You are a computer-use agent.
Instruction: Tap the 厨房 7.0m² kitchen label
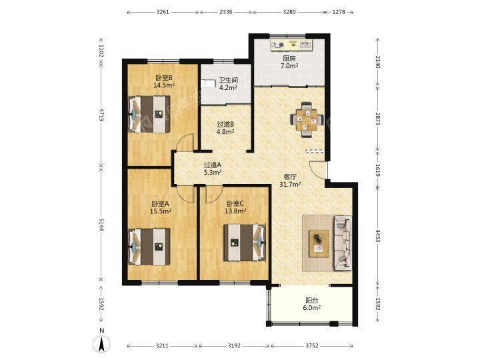[289, 62]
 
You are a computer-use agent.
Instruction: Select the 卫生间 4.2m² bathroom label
[229, 84]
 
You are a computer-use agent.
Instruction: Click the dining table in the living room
[307, 120]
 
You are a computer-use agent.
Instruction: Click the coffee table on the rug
[319, 243]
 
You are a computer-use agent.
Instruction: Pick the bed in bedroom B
[149, 114]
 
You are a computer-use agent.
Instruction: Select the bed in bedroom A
[149, 247]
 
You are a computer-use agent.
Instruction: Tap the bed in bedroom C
[244, 243]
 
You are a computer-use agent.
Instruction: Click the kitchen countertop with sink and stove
[292, 45]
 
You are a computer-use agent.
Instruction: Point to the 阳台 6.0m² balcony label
[311, 304]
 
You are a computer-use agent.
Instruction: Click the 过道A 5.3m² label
[213, 169]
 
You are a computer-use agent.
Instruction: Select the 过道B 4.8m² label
[225, 128]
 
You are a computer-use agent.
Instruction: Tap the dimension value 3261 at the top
[163, 12]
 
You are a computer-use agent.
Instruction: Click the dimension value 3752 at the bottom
[312, 345]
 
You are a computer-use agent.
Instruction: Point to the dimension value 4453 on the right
[377, 236]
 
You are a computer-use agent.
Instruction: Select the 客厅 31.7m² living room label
[290, 180]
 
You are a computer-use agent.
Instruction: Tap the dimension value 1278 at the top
[338, 12]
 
